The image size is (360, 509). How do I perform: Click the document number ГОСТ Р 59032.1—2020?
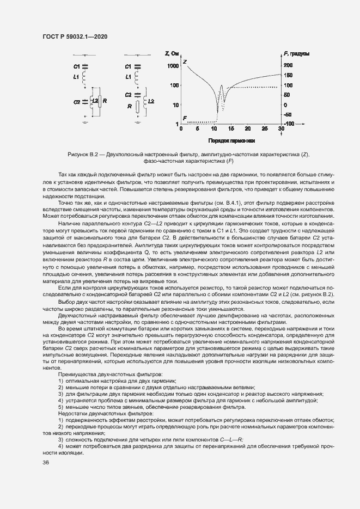pyautogui.click(x=75, y=36)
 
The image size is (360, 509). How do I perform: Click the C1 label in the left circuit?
pyautogui.click(x=76, y=66)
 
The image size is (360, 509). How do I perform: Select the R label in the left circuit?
pyautogui.click(x=104, y=101)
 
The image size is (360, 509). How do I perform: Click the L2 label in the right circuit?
pyautogui.click(x=151, y=101)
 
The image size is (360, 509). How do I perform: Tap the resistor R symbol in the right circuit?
pyautogui.click(x=138, y=107)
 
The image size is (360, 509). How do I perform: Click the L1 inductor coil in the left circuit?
pyautogui.click(x=86, y=79)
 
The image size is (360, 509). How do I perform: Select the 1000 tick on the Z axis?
pyautogui.click(x=173, y=66)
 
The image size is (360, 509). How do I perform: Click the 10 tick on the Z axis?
pyautogui.click(x=175, y=105)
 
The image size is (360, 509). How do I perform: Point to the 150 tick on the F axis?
pyautogui.click(x=288, y=75)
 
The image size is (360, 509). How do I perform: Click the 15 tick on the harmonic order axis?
pyautogui.click(x=231, y=130)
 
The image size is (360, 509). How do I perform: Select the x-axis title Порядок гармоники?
pyautogui.click(x=231, y=139)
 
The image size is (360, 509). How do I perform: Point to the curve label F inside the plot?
pyautogui.click(x=185, y=118)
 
